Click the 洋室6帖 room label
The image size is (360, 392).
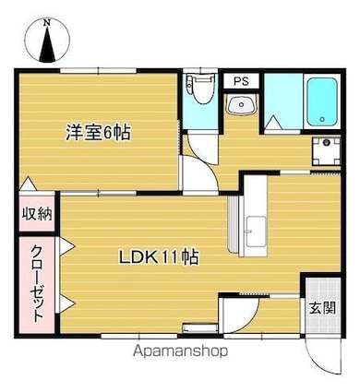[x=98, y=132]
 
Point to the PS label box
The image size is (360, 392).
[x=240, y=81]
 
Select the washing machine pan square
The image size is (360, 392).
[x=325, y=151]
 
